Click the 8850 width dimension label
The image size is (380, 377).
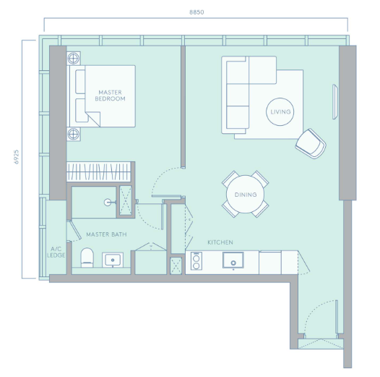point(197,12)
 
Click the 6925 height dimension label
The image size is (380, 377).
point(16,157)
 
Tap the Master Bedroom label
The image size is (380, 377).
point(110,96)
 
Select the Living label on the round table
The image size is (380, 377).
point(280,112)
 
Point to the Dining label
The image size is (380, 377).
point(246,195)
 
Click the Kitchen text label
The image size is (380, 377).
point(220,242)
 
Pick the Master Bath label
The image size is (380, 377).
point(106,234)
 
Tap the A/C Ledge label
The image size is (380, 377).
point(56,252)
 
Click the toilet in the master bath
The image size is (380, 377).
point(87,258)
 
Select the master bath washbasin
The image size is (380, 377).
point(113,260)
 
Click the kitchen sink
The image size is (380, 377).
point(233,260)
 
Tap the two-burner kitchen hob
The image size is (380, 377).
point(197,261)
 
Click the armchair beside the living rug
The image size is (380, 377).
point(311,144)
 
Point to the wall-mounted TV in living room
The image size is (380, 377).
point(335,102)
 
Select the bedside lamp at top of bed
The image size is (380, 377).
point(74,59)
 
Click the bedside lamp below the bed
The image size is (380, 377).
point(74,134)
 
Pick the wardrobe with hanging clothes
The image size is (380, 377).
point(99,171)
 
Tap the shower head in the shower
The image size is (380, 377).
point(108,202)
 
